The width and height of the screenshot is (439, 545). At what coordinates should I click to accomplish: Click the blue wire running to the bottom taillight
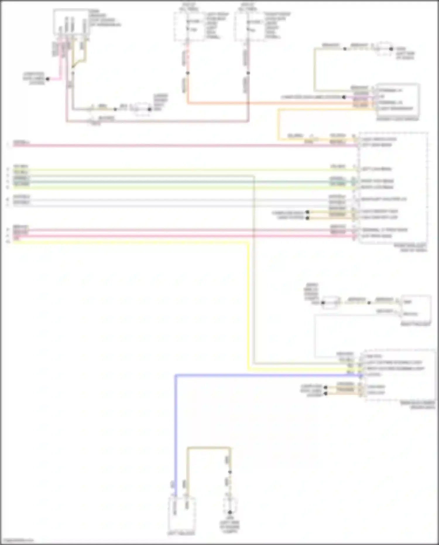coord(176,425)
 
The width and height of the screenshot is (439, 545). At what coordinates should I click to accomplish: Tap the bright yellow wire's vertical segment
coord(248,307)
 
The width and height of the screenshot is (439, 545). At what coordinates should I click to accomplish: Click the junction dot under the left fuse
coord(188,73)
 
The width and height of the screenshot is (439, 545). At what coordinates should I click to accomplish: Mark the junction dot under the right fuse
coord(248,73)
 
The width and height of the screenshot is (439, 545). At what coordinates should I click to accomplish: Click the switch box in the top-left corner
coord(71,22)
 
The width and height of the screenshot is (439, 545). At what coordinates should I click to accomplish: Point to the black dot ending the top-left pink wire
coord(47,79)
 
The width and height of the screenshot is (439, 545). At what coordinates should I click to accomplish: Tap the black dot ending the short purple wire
coord(344,97)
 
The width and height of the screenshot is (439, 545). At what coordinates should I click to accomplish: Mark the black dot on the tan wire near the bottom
coord(230,472)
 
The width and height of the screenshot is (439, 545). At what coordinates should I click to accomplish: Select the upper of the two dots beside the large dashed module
coord(307,212)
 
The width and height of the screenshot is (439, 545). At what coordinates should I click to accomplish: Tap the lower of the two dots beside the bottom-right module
coord(325,393)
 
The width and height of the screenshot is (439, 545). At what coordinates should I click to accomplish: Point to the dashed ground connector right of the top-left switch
coord(142,109)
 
